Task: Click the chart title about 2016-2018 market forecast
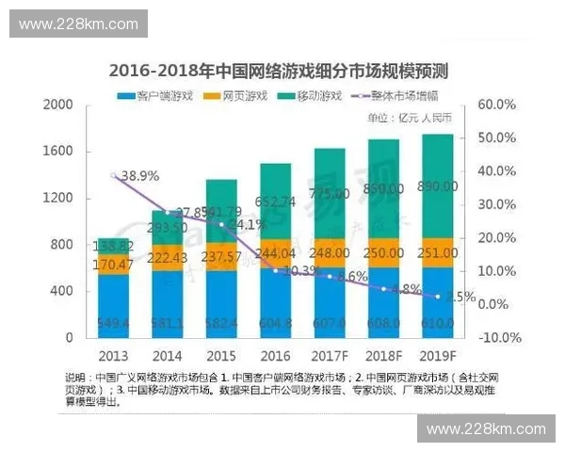pyautogui.click(x=279, y=71)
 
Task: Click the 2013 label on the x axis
pyautogui.click(x=112, y=355)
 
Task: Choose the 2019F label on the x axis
pyautogui.click(x=438, y=355)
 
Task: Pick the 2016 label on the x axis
pyautogui.click(x=275, y=355)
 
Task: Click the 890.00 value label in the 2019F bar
pyautogui.click(x=438, y=187)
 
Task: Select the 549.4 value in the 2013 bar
pyautogui.click(x=112, y=324)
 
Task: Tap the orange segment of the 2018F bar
pyautogui.click(x=383, y=254)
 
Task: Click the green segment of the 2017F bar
pyautogui.click(x=330, y=193)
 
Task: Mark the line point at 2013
pyautogui.click(x=113, y=176)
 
